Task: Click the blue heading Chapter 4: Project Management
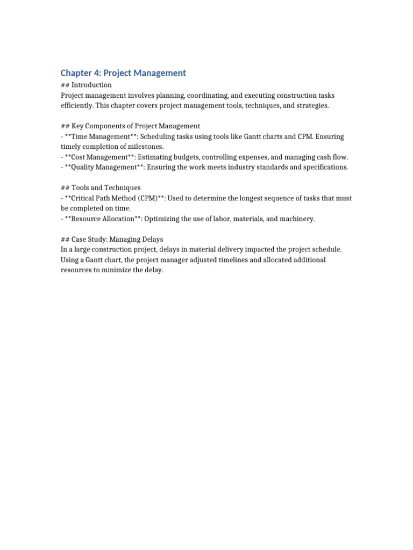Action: click(123, 73)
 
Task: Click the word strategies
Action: click(310, 105)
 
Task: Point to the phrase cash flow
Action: click(332, 157)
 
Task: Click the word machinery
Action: click(296, 219)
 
